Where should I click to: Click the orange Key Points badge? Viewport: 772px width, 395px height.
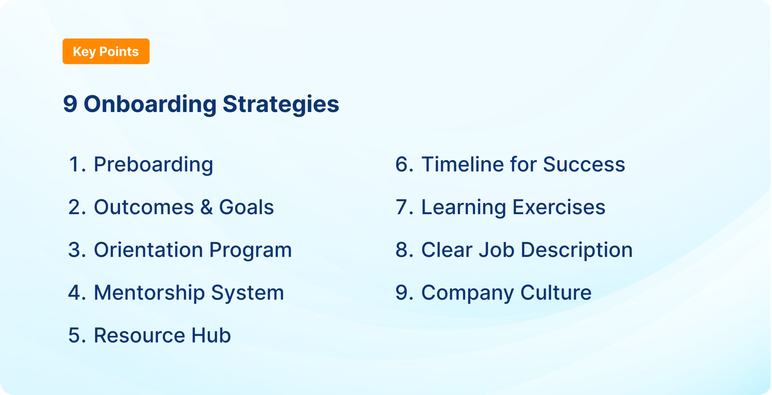106,52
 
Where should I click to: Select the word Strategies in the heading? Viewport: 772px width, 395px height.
281,104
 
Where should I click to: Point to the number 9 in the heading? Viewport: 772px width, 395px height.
70,104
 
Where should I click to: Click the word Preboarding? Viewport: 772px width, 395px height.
153,164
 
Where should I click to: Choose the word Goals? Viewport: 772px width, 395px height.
246,207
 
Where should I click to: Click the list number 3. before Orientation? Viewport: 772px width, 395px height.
77,250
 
